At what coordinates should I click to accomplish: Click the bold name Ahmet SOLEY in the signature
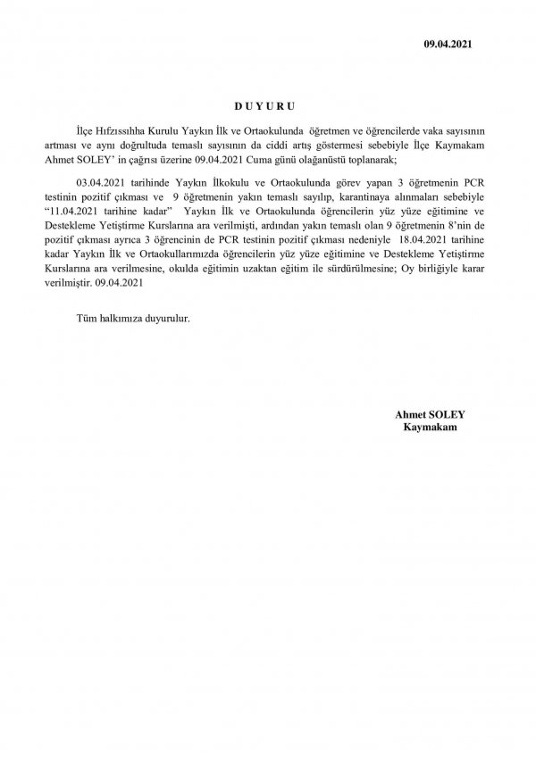pyautogui.click(x=424, y=415)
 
